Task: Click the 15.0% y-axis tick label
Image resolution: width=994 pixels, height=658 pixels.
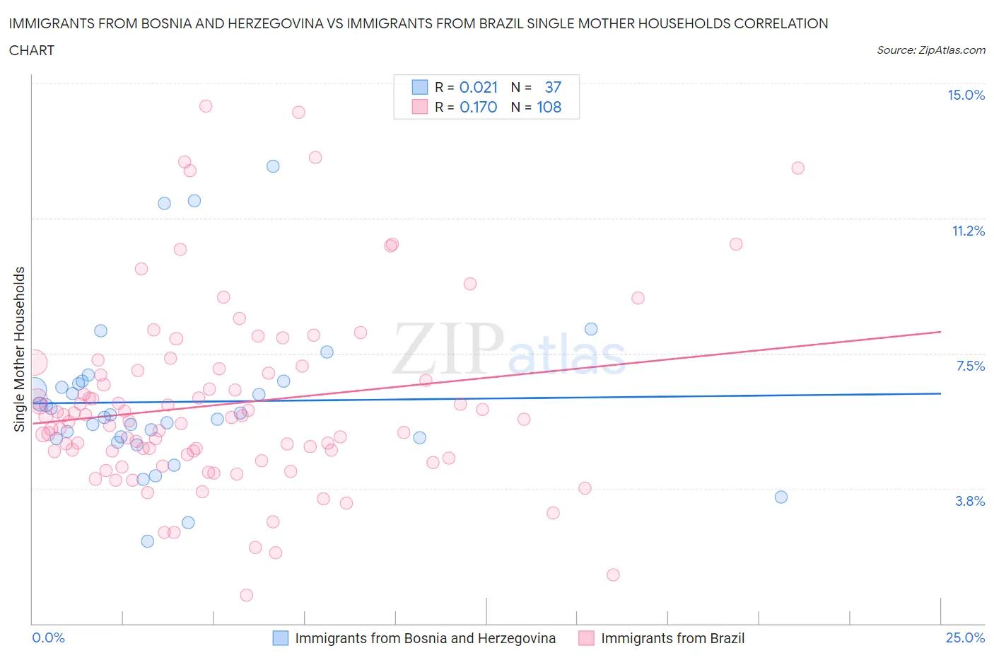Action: click(x=966, y=95)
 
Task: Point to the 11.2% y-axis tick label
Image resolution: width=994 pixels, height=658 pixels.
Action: click(x=968, y=231)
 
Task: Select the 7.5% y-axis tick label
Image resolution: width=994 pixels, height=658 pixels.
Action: click(x=970, y=366)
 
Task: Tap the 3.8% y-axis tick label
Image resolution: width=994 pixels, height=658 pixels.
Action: click(x=970, y=501)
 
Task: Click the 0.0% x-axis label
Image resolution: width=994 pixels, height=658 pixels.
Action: click(x=49, y=637)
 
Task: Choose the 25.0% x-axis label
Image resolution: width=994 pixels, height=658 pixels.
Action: click(x=965, y=637)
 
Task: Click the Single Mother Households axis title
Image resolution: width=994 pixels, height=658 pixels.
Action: click(x=20, y=349)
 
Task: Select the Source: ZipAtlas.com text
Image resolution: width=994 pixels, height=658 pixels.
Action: click(x=930, y=50)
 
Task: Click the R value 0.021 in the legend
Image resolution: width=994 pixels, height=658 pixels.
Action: click(x=479, y=87)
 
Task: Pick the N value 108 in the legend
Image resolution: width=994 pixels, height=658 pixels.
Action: click(x=549, y=107)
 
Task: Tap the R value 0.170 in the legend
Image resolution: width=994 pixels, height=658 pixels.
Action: click(x=479, y=107)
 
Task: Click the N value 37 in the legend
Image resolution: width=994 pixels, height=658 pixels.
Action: click(x=553, y=87)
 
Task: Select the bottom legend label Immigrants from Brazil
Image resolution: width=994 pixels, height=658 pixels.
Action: click(x=672, y=638)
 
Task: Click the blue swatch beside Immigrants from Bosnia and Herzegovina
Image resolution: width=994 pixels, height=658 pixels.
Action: click(x=281, y=638)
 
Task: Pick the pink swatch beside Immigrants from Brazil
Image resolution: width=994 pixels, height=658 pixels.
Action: click(x=586, y=638)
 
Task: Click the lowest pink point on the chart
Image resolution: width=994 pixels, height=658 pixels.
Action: click(x=247, y=595)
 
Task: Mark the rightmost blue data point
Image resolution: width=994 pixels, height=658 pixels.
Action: click(x=781, y=497)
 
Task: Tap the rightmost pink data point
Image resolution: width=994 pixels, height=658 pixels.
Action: click(x=798, y=168)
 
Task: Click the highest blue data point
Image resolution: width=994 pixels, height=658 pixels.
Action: click(x=273, y=166)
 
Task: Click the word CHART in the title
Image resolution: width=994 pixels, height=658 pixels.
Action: click(x=32, y=50)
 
